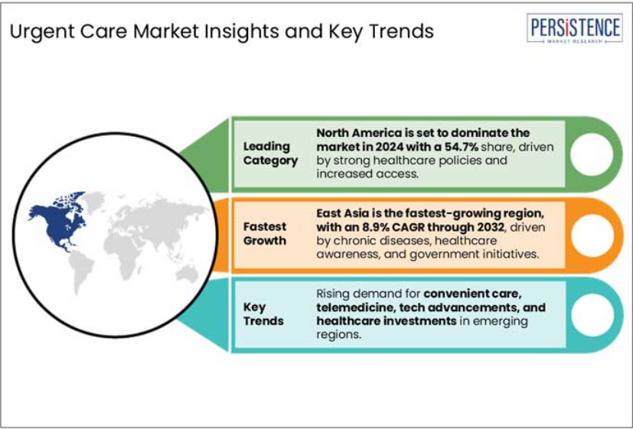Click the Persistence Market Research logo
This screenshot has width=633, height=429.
(x=575, y=28)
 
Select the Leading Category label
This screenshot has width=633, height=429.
(x=270, y=153)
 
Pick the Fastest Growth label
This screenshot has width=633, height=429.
(x=265, y=233)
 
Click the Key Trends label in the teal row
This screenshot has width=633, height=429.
(x=263, y=314)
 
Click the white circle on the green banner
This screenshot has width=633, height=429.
(x=592, y=154)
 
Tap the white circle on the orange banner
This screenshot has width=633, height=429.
(x=592, y=235)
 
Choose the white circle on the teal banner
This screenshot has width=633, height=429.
(x=592, y=315)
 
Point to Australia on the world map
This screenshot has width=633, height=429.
(x=187, y=275)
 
